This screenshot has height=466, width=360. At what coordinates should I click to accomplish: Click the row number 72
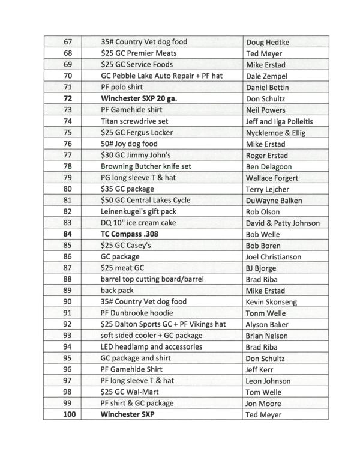pos(67,98)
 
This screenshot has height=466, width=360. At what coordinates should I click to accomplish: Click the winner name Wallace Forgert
pos(272,178)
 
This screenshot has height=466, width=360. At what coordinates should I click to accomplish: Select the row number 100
pos(67,414)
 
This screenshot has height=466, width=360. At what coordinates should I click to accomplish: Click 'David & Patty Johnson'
pos(283,223)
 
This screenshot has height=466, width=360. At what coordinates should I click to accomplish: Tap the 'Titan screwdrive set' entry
pos(134,121)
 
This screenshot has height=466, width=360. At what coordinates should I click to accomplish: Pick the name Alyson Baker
pos(269,324)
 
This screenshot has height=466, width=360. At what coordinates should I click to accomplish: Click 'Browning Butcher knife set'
pos(147,166)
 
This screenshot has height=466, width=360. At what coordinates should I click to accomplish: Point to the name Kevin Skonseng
pos(271,302)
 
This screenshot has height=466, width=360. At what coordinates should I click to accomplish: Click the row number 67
pos(67,42)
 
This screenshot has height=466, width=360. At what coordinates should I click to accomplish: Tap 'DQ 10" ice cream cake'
pos(139,223)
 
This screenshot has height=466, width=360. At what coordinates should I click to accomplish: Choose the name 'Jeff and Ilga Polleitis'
pos(280,121)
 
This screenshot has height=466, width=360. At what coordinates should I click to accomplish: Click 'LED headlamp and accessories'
pos(151,347)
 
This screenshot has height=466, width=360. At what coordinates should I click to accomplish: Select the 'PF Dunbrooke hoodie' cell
pos(137,313)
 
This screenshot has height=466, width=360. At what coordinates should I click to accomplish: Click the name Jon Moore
pos(263,404)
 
